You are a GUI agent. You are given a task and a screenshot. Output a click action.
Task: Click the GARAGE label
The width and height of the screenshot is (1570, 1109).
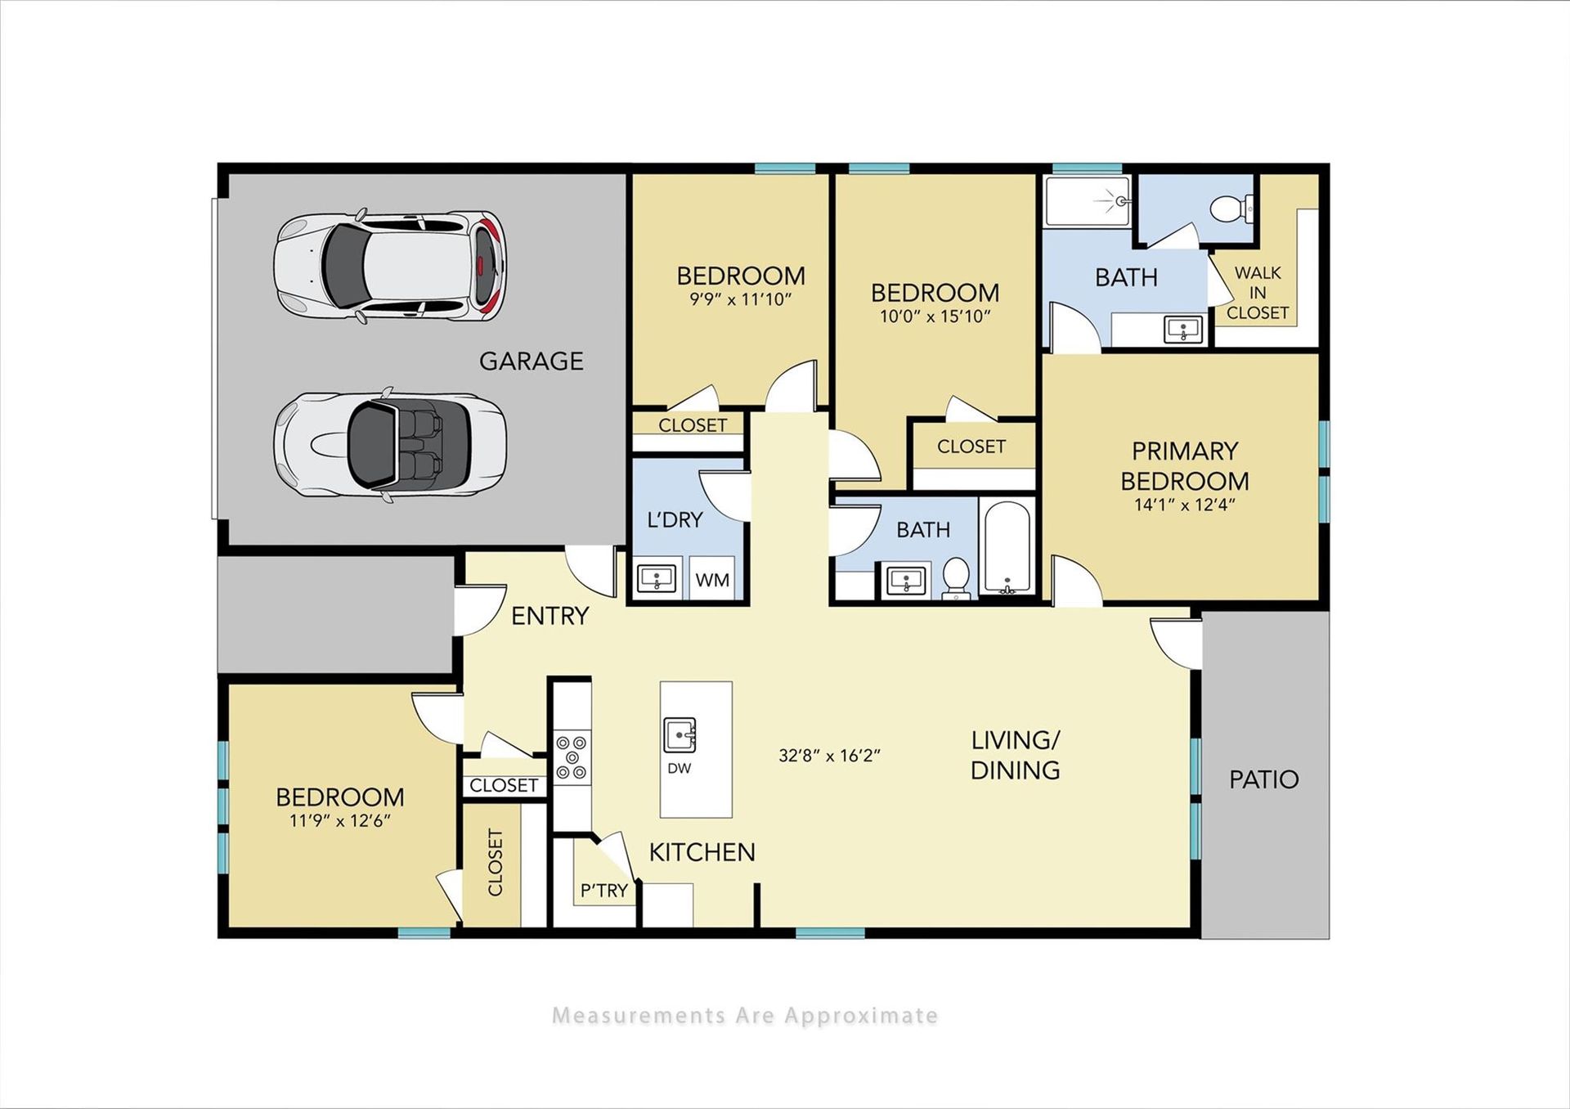(532, 361)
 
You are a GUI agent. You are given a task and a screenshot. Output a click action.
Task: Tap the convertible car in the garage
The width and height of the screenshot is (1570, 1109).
(390, 444)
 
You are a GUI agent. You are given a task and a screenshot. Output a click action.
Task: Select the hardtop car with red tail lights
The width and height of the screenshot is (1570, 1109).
(390, 266)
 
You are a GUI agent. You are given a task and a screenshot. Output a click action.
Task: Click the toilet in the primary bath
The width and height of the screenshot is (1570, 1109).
(1231, 208)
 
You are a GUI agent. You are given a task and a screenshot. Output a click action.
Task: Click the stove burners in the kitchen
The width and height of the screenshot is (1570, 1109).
(572, 757)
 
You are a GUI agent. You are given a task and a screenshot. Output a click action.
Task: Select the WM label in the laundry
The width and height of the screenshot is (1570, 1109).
(712, 580)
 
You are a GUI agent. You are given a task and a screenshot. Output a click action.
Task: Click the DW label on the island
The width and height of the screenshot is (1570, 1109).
(679, 768)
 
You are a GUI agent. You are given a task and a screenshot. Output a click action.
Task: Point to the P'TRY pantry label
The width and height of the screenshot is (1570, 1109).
(604, 891)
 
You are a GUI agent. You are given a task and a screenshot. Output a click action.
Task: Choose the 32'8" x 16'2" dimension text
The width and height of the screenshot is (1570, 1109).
(829, 756)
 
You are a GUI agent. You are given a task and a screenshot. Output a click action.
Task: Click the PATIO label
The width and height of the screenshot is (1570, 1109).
(1264, 779)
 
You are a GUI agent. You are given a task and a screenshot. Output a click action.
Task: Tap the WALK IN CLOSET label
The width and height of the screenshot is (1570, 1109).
(1258, 293)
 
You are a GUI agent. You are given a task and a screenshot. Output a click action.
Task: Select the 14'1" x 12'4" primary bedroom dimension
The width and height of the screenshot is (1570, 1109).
(1184, 505)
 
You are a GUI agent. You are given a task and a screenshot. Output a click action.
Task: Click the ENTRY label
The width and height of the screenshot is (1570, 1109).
(550, 616)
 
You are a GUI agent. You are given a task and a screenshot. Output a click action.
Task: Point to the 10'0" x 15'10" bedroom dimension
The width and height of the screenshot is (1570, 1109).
(935, 317)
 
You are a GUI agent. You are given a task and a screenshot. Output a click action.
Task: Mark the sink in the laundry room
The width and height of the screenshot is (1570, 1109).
(657, 578)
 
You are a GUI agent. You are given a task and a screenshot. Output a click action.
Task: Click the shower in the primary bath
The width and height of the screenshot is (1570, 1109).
(1088, 200)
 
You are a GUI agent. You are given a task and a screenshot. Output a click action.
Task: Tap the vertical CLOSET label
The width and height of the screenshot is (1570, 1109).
(496, 863)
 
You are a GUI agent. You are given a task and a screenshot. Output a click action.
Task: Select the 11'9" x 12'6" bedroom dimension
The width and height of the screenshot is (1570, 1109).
(340, 821)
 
